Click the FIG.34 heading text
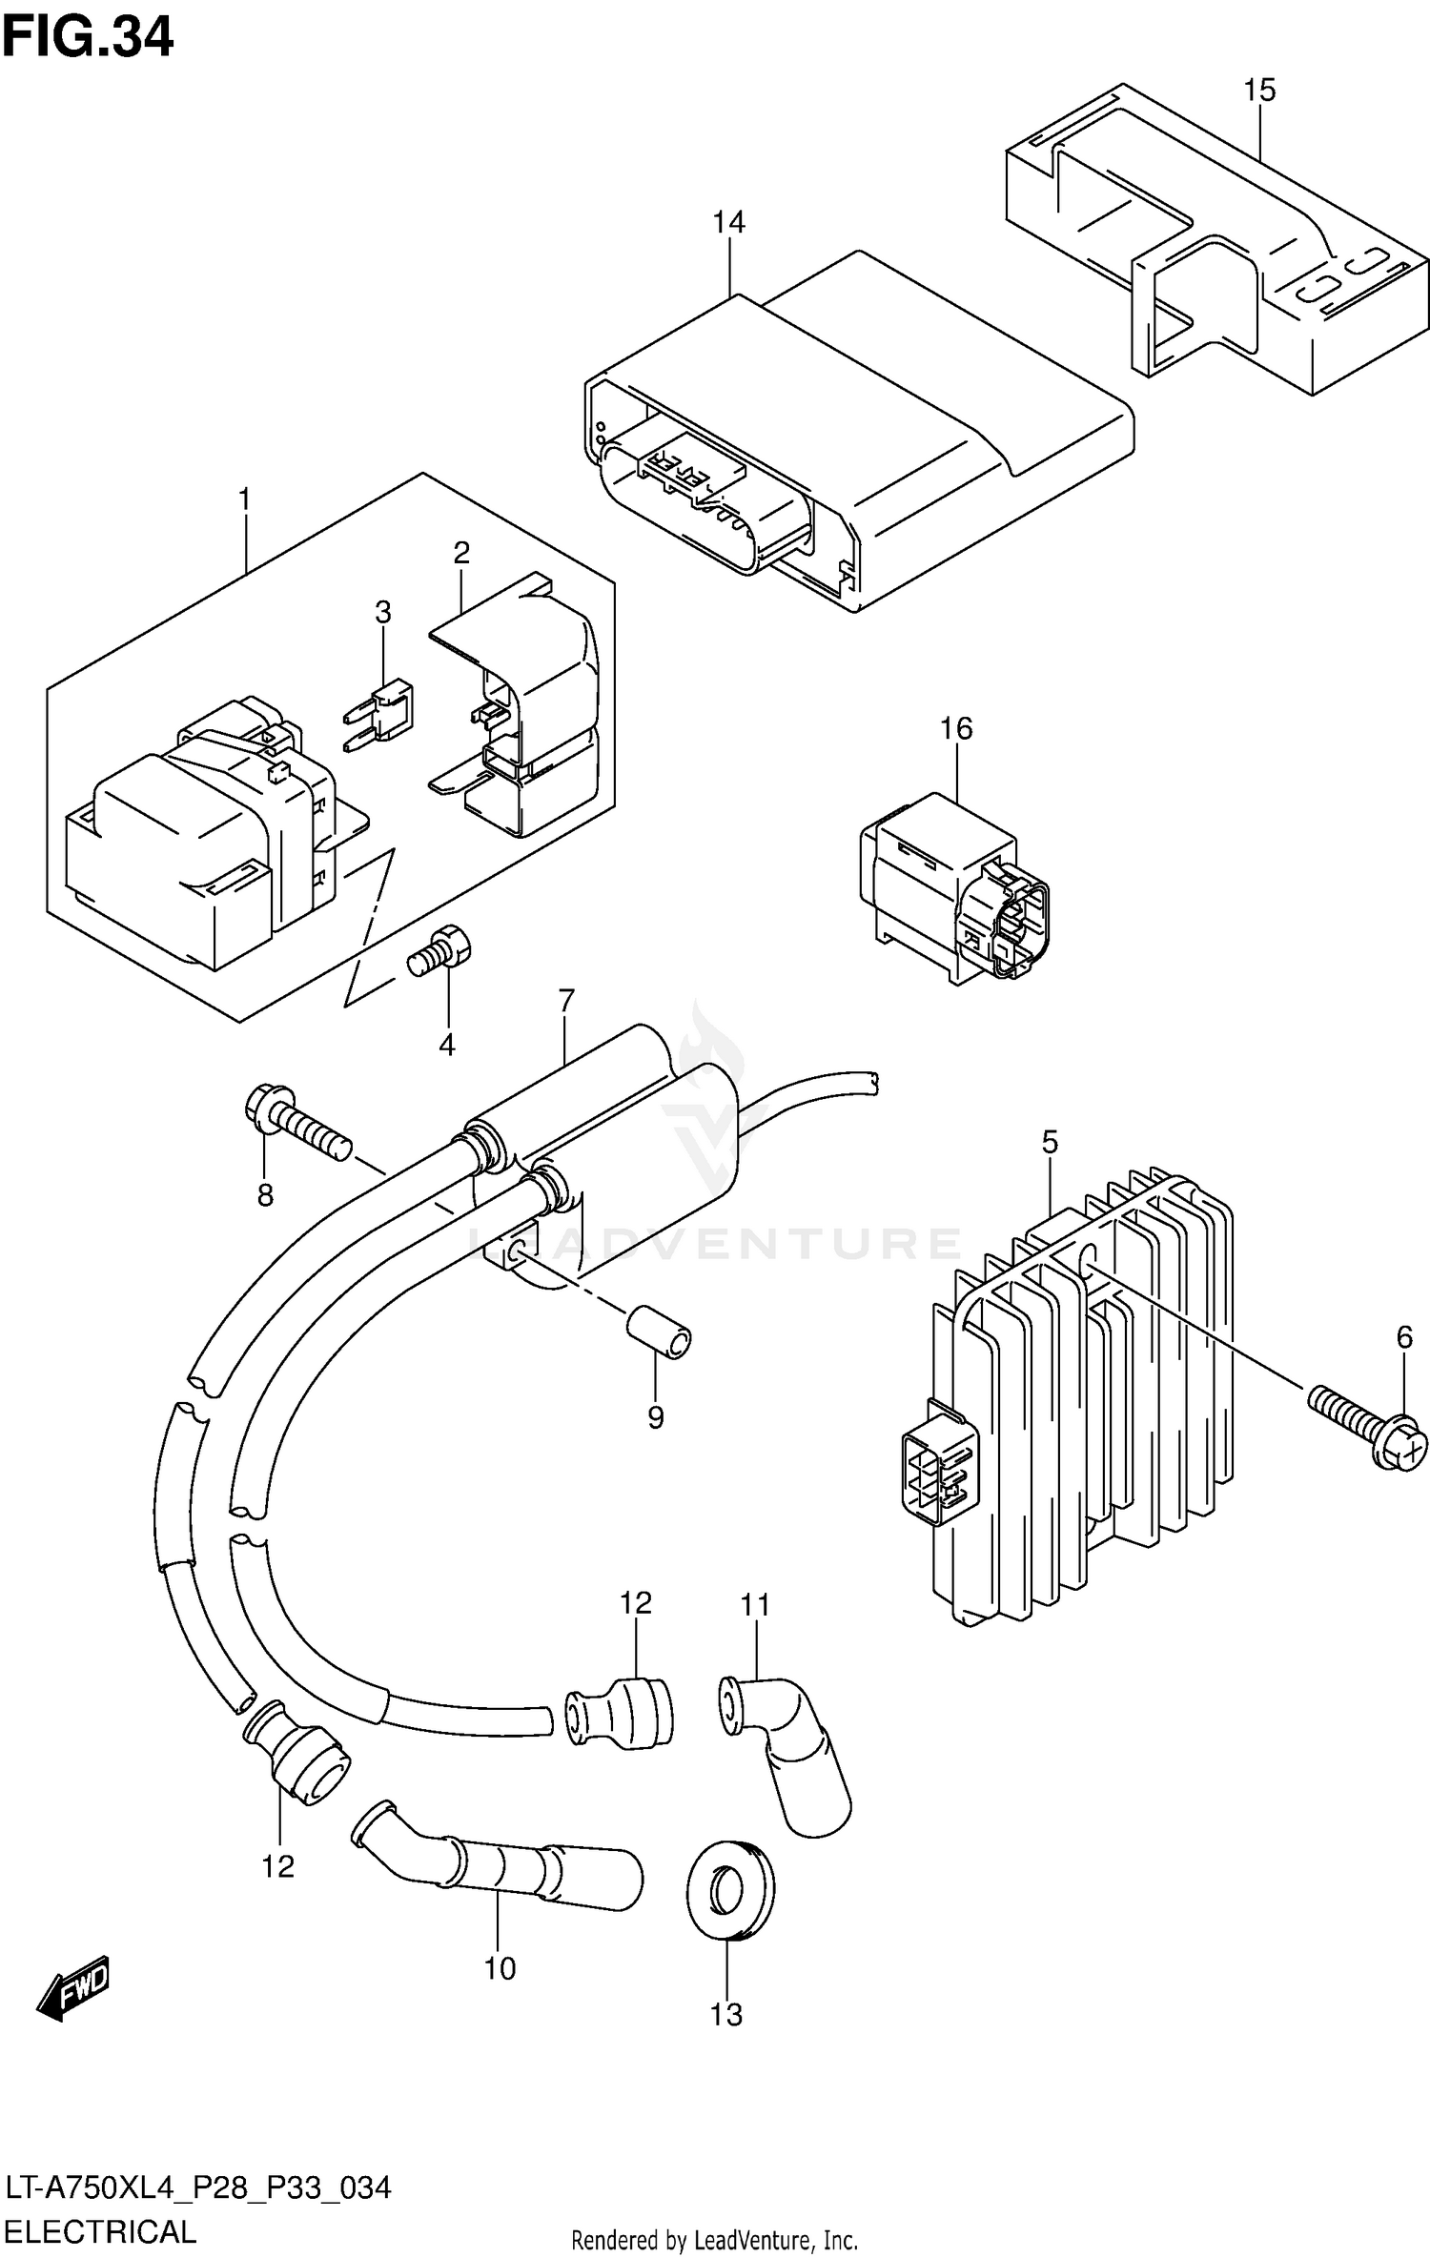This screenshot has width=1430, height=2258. pyautogui.click(x=88, y=38)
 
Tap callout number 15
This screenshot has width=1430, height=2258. pyautogui.click(x=1258, y=91)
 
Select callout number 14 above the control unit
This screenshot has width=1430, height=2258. pyautogui.click(x=728, y=222)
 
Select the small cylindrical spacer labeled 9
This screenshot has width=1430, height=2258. pyautogui.click(x=659, y=1332)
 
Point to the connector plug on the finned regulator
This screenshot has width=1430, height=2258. pyautogui.click(x=937, y=1469)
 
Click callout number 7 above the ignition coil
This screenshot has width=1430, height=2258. pyautogui.click(x=566, y=1001)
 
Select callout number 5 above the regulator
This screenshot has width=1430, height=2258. pyautogui.click(x=1050, y=1141)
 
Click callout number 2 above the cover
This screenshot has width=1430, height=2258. pyautogui.click(x=461, y=552)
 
